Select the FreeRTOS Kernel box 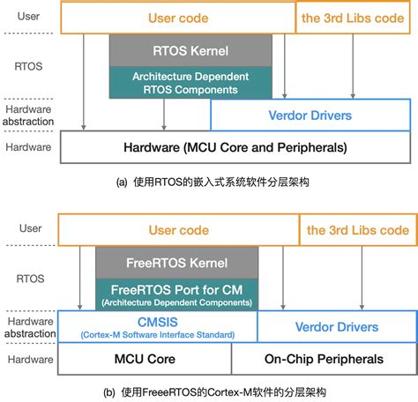pos(176,263)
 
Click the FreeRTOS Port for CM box pos(176,294)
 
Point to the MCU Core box pos(145,360)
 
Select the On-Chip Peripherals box pos(324,360)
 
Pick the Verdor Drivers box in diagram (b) pos(335,327)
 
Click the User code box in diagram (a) pos(177,18)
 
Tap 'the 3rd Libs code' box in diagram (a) pos(354,18)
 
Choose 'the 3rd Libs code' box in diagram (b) pos(357,230)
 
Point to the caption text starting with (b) pos(208,390)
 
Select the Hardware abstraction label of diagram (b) pos(28,326)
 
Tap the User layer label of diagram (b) pos(28,228)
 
